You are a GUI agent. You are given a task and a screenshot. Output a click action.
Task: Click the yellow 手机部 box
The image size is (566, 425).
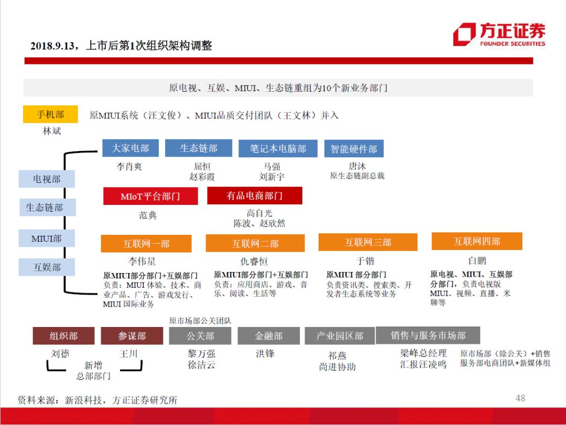pyautogui.click(x=50, y=114)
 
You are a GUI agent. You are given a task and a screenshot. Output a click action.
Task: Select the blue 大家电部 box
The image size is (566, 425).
pyautogui.click(x=130, y=148)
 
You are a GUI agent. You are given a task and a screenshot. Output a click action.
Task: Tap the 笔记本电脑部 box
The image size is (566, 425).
pyautogui.click(x=278, y=149)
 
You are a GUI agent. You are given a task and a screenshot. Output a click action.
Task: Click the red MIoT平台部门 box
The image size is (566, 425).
pyautogui.click(x=150, y=197)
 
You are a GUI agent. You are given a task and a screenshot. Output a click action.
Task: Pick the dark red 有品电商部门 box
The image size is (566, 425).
pyautogui.click(x=255, y=196)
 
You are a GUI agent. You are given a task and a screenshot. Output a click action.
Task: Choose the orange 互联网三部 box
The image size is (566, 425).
pyautogui.click(x=368, y=242)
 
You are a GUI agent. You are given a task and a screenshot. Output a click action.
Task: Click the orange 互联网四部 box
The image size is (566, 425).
pyautogui.click(x=477, y=242)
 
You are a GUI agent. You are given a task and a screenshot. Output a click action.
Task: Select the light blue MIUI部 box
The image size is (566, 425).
pyautogui.click(x=47, y=238)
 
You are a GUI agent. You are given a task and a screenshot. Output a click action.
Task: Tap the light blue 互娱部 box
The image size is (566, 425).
pyautogui.click(x=47, y=267)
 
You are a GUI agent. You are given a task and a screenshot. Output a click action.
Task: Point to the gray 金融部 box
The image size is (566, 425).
pyautogui.click(x=269, y=336)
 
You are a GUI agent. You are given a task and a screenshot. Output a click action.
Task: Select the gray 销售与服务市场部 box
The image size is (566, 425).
pyautogui.click(x=428, y=335)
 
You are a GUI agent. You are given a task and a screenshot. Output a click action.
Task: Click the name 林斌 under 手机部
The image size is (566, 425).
pyautogui.click(x=52, y=131)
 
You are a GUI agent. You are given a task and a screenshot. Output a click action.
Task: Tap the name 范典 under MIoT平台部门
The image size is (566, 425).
pyautogui.click(x=148, y=215)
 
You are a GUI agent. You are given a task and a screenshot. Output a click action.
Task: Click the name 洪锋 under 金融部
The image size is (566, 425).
pyautogui.click(x=265, y=354)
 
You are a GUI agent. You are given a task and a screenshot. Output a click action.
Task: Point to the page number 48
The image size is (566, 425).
pyautogui.click(x=520, y=398)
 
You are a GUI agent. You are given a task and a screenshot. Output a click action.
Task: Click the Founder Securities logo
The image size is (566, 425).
pyautogui.click(x=498, y=35)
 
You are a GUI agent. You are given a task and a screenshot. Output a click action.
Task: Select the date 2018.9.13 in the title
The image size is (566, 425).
pyautogui.click(x=53, y=46)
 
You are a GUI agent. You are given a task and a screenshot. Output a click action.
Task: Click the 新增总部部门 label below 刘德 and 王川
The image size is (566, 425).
pyautogui.click(x=93, y=371)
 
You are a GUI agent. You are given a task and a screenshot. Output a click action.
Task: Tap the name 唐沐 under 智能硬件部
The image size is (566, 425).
pyautogui.click(x=357, y=166)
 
